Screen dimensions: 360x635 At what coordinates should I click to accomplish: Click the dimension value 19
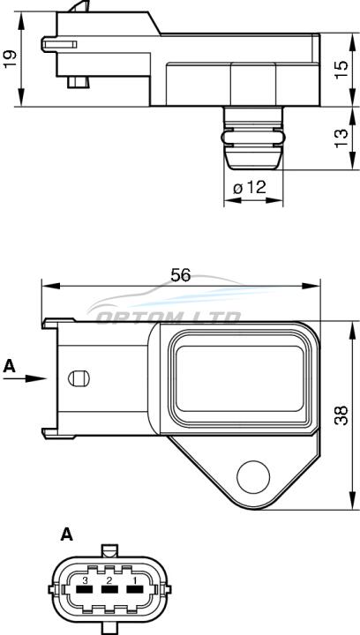click(11, 59)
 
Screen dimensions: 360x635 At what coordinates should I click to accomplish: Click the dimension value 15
click(341, 70)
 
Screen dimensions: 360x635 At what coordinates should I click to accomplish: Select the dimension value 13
click(341, 138)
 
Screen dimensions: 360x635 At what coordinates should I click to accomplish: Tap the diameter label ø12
click(250, 187)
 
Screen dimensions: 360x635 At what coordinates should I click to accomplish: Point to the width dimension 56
click(180, 275)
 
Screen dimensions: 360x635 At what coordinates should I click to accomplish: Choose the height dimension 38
click(341, 415)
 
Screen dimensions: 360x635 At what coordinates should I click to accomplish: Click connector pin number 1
click(133, 580)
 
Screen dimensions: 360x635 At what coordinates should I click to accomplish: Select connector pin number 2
click(109, 580)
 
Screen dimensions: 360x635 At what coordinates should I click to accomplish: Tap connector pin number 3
click(85, 580)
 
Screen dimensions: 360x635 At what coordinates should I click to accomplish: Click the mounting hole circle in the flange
click(253, 476)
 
